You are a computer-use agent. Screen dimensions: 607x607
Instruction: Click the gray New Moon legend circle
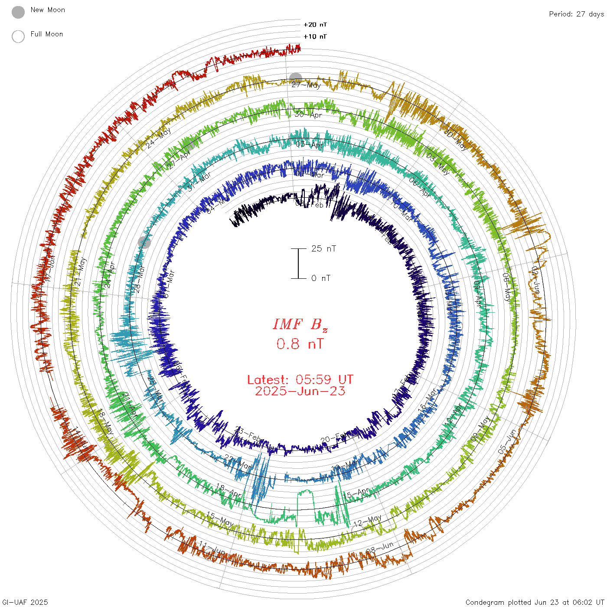tap(18, 13)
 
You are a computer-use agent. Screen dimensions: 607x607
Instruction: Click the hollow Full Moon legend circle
tap(18, 36)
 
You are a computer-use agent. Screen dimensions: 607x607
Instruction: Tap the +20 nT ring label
tap(315, 25)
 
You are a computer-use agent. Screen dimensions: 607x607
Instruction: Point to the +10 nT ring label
tap(315, 36)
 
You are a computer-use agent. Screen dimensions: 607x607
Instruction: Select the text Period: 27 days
tap(576, 14)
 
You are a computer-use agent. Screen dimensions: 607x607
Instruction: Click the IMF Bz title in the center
tap(300, 324)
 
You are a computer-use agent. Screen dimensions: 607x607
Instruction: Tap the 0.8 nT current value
tap(300, 344)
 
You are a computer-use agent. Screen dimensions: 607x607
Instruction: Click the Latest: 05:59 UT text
tap(300, 380)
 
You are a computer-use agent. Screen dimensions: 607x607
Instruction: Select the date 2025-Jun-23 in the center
tap(300, 391)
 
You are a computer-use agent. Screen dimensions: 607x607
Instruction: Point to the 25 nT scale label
tap(323, 248)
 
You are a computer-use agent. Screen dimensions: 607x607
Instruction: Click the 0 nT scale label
tap(321, 278)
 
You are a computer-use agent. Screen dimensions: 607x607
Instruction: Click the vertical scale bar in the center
tap(298, 263)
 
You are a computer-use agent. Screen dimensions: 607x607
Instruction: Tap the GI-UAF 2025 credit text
tap(25, 602)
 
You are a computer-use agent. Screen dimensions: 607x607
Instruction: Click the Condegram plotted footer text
tap(535, 602)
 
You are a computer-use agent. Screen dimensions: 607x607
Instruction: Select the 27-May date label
tap(306, 85)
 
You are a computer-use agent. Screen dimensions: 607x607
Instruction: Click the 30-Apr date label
tap(309, 115)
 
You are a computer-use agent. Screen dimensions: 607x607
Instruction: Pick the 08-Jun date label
tap(380, 548)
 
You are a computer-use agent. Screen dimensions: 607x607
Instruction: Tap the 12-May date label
tap(368, 521)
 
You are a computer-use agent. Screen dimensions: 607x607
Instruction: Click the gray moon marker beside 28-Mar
tap(144, 242)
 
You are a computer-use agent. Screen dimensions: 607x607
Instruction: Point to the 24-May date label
tap(159, 138)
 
